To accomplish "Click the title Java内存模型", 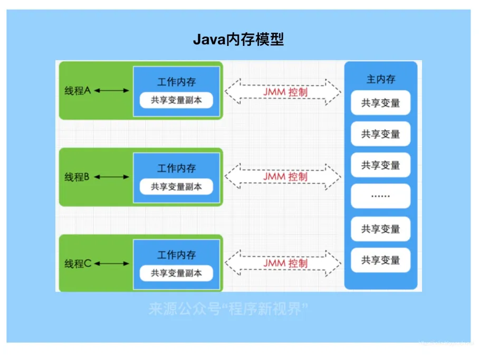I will [238, 40].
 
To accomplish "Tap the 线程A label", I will [78, 91].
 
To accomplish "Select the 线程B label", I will [78, 177].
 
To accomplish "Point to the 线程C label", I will [78, 263].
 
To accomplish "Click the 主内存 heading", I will [380, 79].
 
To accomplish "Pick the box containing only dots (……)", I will [380, 196].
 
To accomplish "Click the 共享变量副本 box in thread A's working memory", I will [176, 100].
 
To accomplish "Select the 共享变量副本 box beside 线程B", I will [176, 186].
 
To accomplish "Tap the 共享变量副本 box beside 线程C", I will [176, 273].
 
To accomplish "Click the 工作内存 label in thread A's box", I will [176, 82].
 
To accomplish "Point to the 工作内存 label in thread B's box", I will [176, 169].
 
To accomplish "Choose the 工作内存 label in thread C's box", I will [176, 255].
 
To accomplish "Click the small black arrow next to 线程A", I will [111, 91].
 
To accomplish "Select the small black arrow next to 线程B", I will [111, 177].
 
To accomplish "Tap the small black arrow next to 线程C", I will [111, 263].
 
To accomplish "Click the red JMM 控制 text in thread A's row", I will [285, 92].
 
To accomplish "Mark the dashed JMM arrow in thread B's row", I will [283, 176].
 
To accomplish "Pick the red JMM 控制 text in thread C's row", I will [285, 263].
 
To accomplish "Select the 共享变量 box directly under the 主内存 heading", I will [380, 103].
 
